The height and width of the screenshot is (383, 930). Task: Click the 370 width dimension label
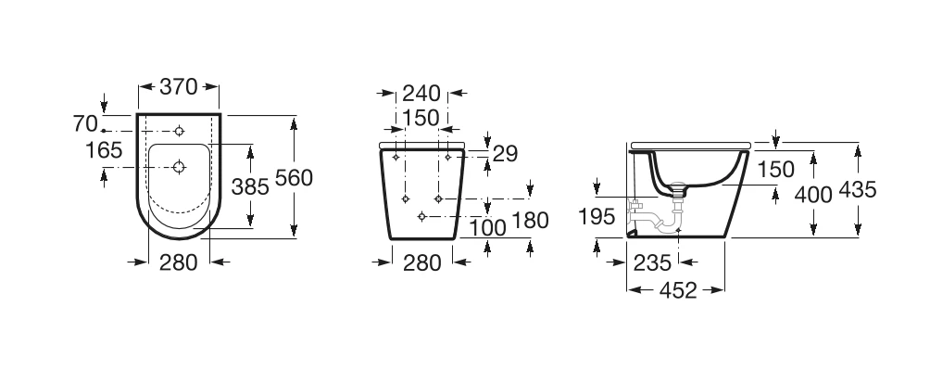coord(179,86)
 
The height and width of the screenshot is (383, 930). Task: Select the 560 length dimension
coord(294,177)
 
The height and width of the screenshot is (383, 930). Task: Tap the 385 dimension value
coord(250,187)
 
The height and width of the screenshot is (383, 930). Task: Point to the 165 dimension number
coord(104,150)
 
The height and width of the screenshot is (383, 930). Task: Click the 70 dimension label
coord(85,123)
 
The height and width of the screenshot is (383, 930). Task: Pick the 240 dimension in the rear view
coord(421,94)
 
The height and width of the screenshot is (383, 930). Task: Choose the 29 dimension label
coord(506,154)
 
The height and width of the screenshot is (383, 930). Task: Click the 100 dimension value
coord(487,227)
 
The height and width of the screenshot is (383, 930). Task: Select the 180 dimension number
coord(530,221)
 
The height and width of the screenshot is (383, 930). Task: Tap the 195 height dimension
coord(597,217)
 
